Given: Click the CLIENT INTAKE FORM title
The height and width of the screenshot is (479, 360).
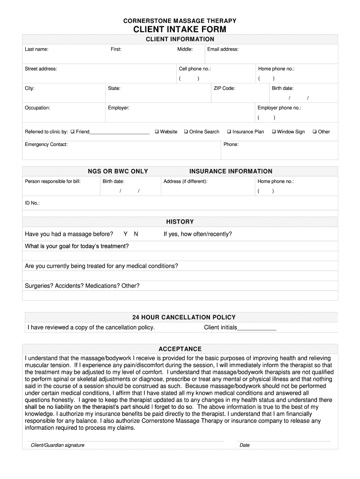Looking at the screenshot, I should (x=180, y=29).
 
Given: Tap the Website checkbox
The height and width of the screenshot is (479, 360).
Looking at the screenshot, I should (x=157, y=131).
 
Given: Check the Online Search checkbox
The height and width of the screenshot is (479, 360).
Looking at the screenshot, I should (x=186, y=131).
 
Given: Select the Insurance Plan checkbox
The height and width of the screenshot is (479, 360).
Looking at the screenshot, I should (x=229, y=131).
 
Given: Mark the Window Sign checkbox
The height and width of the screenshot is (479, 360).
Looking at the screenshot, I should (x=274, y=131).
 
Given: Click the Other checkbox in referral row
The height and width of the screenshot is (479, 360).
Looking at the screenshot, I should (x=315, y=131).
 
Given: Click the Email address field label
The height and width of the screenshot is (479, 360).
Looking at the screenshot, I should (x=223, y=49).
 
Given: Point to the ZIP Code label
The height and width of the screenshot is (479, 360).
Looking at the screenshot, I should (x=224, y=88).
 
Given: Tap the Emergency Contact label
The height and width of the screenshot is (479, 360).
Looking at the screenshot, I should (x=46, y=144).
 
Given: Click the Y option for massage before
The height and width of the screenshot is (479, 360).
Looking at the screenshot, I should (x=125, y=234).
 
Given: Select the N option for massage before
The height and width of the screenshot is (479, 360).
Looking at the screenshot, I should (x=136, y=234).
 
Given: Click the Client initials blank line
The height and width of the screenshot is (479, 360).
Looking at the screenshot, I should (x=257, y=328).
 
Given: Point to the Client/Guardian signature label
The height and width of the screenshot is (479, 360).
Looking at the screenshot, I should (x=58, y=445).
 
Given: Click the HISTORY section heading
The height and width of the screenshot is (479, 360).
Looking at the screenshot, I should (x=180, y=222).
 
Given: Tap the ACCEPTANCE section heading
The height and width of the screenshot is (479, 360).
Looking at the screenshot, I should (x=180, y=349).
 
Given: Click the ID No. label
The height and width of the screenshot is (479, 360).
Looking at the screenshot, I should (x=32, y=203).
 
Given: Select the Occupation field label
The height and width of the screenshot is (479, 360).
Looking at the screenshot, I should (x=37, y=108).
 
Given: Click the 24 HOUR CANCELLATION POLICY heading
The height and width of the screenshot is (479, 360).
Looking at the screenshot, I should (x=184, y=317).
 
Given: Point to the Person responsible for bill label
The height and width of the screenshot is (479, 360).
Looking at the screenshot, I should (x=53, y=181).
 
